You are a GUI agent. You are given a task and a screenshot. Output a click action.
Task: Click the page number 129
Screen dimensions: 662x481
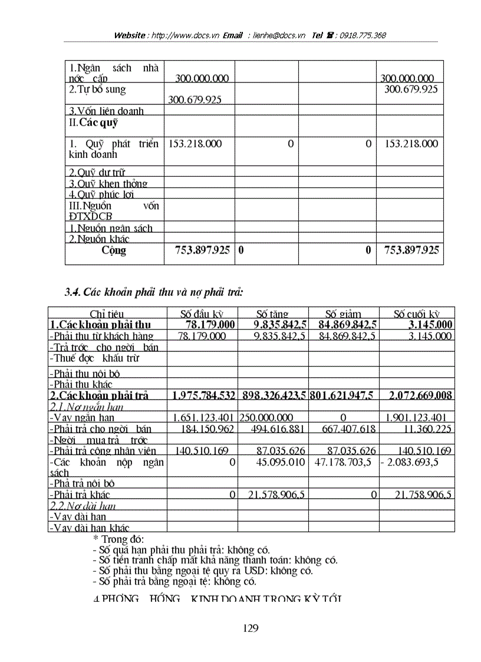pos(250,628)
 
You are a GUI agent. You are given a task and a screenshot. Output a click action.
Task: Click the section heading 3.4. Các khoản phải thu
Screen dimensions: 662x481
pos(154,291)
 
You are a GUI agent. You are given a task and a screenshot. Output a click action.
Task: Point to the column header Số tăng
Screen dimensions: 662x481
pos(272,314)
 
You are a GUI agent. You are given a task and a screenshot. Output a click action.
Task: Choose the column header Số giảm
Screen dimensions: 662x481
pos(343,314)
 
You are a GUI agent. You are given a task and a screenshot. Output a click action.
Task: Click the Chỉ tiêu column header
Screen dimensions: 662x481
pos(107,314)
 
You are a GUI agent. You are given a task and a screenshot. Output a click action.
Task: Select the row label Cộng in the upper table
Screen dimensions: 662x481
pos(114,251)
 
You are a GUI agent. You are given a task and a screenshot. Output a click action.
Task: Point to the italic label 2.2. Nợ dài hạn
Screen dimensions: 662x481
pos(83,506)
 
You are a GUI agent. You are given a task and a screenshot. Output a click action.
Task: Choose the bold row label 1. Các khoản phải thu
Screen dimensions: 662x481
pos(100,325)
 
